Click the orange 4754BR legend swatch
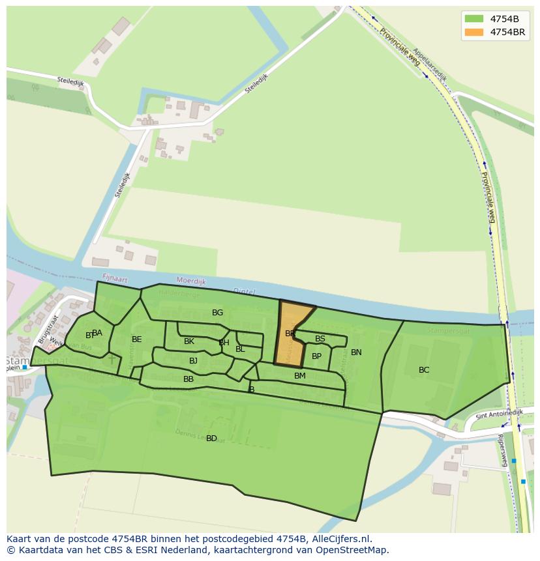[x=474, y=32]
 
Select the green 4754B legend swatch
[x=474, y=18]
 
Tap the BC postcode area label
[x=424, y=370]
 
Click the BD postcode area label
[x=211, y=439]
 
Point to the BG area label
[x=217, y=313]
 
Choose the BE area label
[x=136, y=339]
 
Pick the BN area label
[x=356, y=352]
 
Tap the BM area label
[x=299, y=376]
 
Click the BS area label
[x=320, y=339]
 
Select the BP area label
[x=316, y=356]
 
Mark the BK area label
[x=189, y=341]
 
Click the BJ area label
[x=193, y=361]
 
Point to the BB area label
[x=188, y=379]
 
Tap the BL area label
[x=240, y=349]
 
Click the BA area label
[x=97, y=333]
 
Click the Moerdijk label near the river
[x=190, y=281]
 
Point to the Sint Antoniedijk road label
[x=499, y=414]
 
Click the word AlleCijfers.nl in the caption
[x=341, y=539]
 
